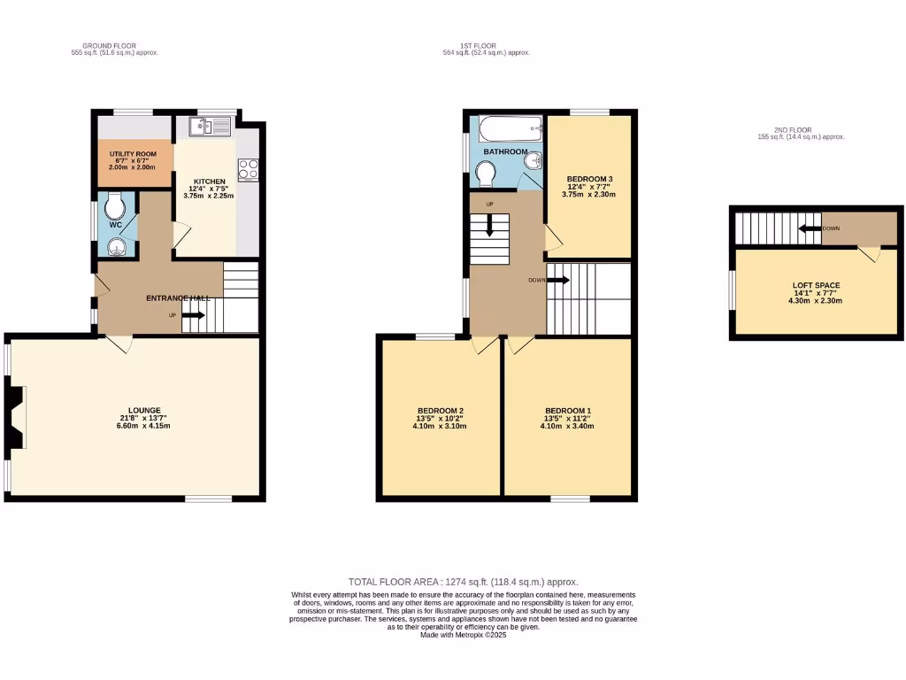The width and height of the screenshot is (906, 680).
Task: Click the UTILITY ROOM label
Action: [133, 153]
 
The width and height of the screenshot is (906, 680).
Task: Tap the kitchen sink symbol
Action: [210, 128]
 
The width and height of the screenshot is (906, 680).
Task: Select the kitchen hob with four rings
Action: [248, 168]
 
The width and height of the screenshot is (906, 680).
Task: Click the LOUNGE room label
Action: [144, 410]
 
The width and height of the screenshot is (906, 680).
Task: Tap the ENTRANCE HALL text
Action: [178, 298]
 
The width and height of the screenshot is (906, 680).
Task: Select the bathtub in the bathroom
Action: [511, 129]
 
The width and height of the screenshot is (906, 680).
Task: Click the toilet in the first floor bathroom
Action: [487, 174]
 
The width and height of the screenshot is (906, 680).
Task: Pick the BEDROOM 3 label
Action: [589, 179]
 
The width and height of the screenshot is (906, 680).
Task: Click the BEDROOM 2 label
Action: [441, 411]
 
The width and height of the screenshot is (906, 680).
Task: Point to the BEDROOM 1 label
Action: [567, 411]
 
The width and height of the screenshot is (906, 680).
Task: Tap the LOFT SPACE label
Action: [816, 285]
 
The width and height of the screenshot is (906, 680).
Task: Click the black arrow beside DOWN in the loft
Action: [809, 228]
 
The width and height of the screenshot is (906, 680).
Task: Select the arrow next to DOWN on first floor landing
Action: [559, 280]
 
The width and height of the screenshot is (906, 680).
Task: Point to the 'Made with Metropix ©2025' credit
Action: [465, 635]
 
